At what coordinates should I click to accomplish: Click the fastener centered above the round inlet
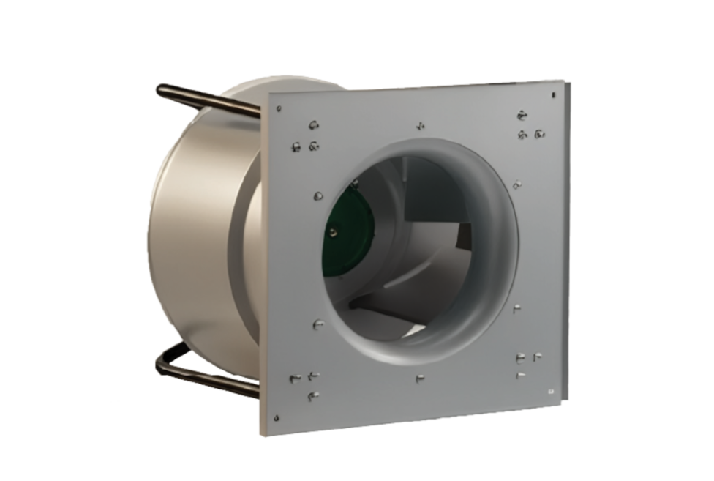coord(419,125)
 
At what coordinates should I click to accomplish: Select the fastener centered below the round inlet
coord(418,379)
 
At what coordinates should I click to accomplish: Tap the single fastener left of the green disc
coord(317,195)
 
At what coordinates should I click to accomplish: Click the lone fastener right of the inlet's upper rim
coord(516,183)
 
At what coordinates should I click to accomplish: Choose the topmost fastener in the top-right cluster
coord(522,113)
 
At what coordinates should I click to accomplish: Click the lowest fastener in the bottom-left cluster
coord(312,396)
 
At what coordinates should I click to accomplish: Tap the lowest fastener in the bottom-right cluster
coord(519,375)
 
